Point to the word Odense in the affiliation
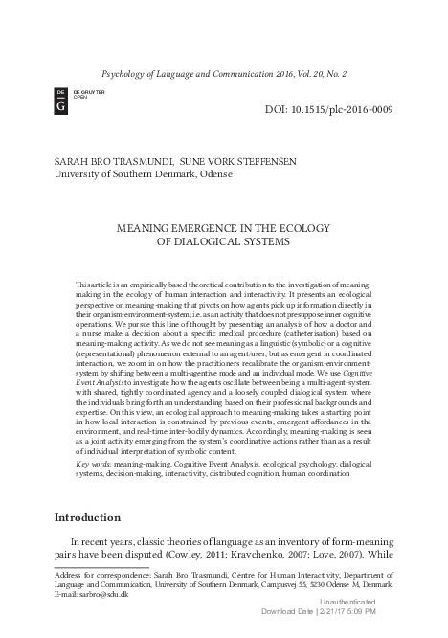[224, 177]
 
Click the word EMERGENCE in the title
[213, 230]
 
